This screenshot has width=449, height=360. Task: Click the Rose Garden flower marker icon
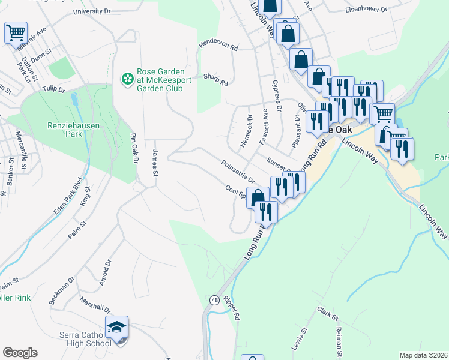point(127,79)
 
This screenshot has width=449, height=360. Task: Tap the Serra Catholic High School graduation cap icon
point(116,328)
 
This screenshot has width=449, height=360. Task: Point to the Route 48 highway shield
point(214,299)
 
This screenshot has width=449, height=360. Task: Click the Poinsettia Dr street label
point(238,171)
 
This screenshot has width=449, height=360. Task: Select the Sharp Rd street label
point(215,79)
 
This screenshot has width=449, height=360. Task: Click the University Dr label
point(93,11)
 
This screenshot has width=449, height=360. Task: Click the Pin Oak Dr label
point(134,149)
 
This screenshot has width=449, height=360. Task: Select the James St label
point(154,163)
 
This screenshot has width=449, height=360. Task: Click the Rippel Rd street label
point(231,307)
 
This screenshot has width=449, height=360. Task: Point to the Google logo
point(20,353)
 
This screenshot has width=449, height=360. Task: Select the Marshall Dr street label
point(95,306)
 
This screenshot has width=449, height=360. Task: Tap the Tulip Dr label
point(53,89)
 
